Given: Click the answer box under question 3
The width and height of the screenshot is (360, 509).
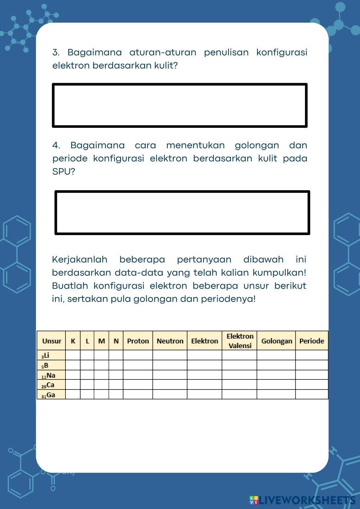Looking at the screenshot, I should click(180, 105).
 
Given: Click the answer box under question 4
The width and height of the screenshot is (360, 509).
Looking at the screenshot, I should click(182, 212).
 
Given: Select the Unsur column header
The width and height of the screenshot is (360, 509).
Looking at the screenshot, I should click(51, 341).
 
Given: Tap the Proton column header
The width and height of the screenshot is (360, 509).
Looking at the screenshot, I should click(138, 341).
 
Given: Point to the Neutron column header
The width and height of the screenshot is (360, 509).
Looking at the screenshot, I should click(170, 341).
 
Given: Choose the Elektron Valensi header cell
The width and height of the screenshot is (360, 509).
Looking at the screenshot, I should click(240, 341).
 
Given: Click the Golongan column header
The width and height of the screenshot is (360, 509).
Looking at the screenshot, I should click(276, 341).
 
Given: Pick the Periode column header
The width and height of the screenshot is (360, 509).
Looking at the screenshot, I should click(312, 341).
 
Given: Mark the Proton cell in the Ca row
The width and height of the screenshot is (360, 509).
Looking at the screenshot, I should click(138, 385).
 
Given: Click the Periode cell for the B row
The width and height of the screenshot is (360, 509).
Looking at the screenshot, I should click(312, 365).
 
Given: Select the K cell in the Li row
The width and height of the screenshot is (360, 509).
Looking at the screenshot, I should click(73, 355).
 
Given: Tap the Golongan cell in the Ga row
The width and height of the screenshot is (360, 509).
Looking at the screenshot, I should click(276, 395).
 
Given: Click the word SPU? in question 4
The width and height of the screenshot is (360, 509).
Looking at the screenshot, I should click(64, 171).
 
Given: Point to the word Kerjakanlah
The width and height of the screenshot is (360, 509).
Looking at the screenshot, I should click(80, 259).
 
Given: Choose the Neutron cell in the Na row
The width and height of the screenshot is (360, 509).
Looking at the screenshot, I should click(170, 375).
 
